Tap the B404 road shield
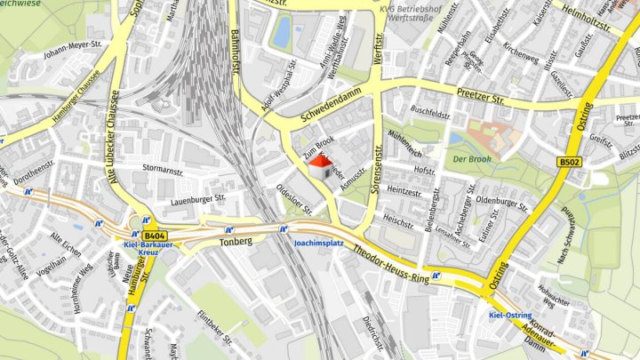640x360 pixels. (x=153, y=231)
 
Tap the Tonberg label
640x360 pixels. (x=236, y=241)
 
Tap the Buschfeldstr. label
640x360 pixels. (x=430, y=115)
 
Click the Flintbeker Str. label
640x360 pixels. (x=214, y=326)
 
